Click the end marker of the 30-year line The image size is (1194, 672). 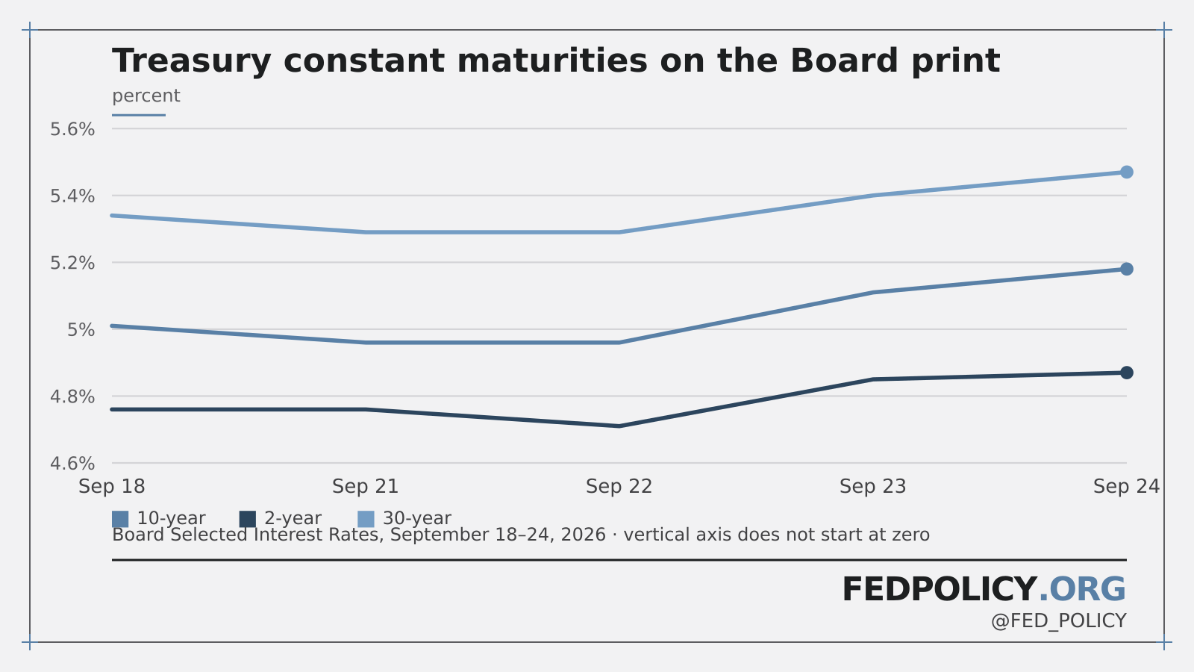[1126, 172]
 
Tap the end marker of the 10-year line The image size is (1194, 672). [1126, 270]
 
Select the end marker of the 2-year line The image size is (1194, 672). [1126, 373]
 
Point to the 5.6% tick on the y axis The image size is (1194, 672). [72, 129]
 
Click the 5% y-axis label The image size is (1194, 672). [81, 329]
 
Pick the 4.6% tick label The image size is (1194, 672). [72, 464]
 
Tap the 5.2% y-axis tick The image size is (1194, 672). [72, 263]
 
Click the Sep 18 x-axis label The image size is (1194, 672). [112, 486]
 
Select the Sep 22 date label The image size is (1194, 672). [619, 486]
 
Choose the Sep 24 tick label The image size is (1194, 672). [1126, 486]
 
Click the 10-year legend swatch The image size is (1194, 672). [120, 519]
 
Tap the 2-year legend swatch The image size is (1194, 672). [247, 519]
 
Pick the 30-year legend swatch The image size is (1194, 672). [366, 519]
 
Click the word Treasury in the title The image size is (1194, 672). [192, 61]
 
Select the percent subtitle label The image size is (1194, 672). [146, 96]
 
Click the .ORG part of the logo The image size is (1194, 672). [1082, 589]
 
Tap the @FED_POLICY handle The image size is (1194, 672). [1059, 621]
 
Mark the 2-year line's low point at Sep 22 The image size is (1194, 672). [619, 426]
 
